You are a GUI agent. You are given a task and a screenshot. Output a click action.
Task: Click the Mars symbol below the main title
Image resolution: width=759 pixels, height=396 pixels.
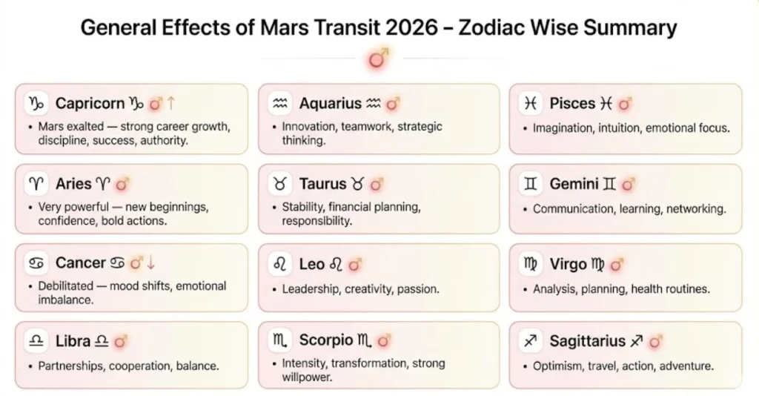pos(379,59)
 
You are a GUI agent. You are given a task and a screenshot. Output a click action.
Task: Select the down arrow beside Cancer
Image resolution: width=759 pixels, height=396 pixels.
pos(151,263)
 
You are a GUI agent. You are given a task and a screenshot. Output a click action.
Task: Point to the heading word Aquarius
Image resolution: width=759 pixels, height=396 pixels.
pos(330,104)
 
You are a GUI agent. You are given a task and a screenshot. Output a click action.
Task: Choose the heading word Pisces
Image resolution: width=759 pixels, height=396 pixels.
pos(572,104)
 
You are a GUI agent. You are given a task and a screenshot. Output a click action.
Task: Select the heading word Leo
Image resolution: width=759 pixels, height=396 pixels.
pos(312,263)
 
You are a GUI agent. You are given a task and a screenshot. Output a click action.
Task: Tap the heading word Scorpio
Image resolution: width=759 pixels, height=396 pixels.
pos(326,341)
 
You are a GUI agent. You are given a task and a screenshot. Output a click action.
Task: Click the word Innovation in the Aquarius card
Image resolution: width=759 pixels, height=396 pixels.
pos(308,127)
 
